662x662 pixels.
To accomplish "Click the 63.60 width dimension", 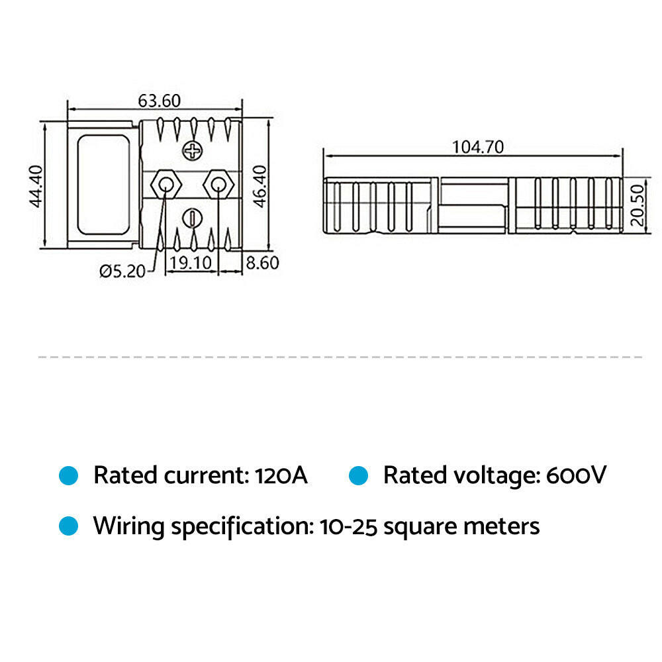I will point(159,101).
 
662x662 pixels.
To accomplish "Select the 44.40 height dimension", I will point(36,186).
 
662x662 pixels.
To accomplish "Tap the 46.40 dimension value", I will point(260,186).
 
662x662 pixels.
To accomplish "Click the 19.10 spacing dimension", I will point(191,263).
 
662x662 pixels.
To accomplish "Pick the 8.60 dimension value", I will point(262,263).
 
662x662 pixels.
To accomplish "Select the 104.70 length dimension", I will point(477,146).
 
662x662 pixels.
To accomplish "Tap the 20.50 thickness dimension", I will point(636,205).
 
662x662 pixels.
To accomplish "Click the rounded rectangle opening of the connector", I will point(103,185).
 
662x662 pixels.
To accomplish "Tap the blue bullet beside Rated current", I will point(69,475).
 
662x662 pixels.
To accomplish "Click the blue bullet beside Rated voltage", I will point(359,475).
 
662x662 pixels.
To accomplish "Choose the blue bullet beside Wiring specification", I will point(69,526).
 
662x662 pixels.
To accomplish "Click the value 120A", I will point(281,475).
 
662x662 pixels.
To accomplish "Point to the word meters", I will point(501,527).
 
